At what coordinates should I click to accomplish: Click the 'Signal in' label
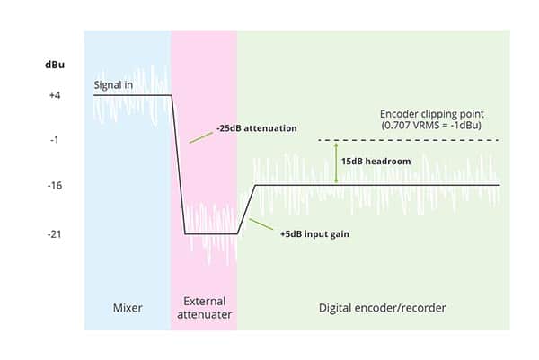pyautogui.click(x=118, y=85)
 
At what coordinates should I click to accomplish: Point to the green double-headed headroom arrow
pyautogui.click(x=336, y=162)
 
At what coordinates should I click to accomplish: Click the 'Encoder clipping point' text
pyautogui.click(x=432, y=114)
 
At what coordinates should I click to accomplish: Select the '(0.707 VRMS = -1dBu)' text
pyautogui.click(x=433, y=127)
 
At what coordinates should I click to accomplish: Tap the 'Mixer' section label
pyautogui.click(x=127, y=308)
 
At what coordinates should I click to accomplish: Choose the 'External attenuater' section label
pyautogui.click(x=204, y=308)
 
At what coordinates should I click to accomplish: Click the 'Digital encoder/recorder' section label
pyautogui.click(x=383, y=308)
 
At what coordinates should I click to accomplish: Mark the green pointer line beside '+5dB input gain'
pyautogui.click(x=259, y=224)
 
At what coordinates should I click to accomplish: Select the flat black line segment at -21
pyautogui.click(x=211, y=233)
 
